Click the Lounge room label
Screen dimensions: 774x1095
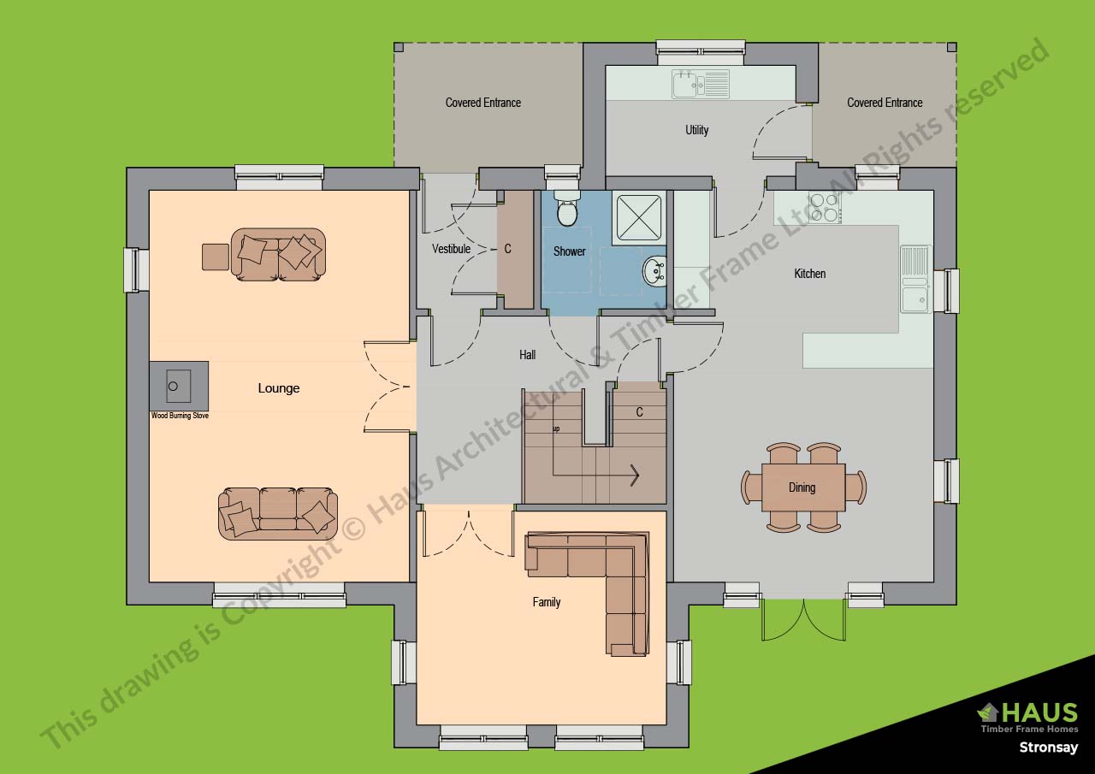coord(279,388)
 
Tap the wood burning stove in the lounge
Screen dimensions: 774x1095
coord(178,386)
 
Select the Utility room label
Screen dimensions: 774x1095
coord(696,130)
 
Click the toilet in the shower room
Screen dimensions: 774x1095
coord(566,210)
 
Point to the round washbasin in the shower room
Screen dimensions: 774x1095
coord(654,270)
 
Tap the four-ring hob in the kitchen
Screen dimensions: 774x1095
coord(824,207)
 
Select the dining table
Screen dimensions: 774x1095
coord(802,487)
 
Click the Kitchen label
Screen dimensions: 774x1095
coord(809,274)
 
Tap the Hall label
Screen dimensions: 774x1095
coord(527,354)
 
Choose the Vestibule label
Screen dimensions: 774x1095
coord(451,249)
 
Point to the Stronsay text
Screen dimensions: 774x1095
coord(1048,747)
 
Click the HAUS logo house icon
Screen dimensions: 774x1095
coord(988,712)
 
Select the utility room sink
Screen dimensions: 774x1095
coord(699,85)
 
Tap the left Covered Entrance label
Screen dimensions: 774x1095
coord(482,103)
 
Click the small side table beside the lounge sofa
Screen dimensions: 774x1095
coord(215,257)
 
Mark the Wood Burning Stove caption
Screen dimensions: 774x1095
coord(180,416)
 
